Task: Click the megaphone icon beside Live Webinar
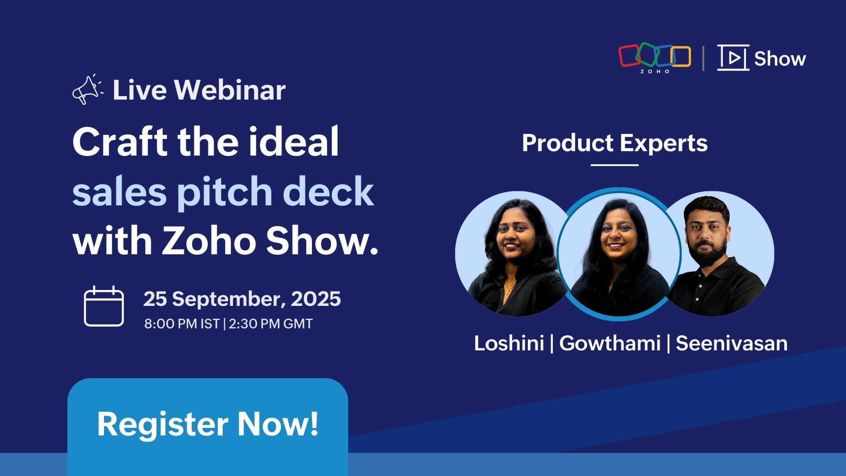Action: tap(87, 89)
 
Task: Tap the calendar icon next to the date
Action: tap(104, 306)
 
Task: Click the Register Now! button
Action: tap(208, 424)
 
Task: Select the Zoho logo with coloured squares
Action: tap(655, 58)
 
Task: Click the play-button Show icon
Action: tap(733, 58)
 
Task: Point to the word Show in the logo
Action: tap(780, 59)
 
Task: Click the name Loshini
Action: tap(509, 343)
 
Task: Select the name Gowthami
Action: tap(610, 343)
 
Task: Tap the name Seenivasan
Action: tap(731, 343)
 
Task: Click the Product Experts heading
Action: tap(615, 143)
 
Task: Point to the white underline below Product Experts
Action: tap(615, 165)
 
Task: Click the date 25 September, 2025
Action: tap(242, 299)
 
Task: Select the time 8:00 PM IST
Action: tap(182, 324)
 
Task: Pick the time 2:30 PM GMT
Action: tap(271, 324)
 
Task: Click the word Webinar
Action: tap(230, 90)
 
